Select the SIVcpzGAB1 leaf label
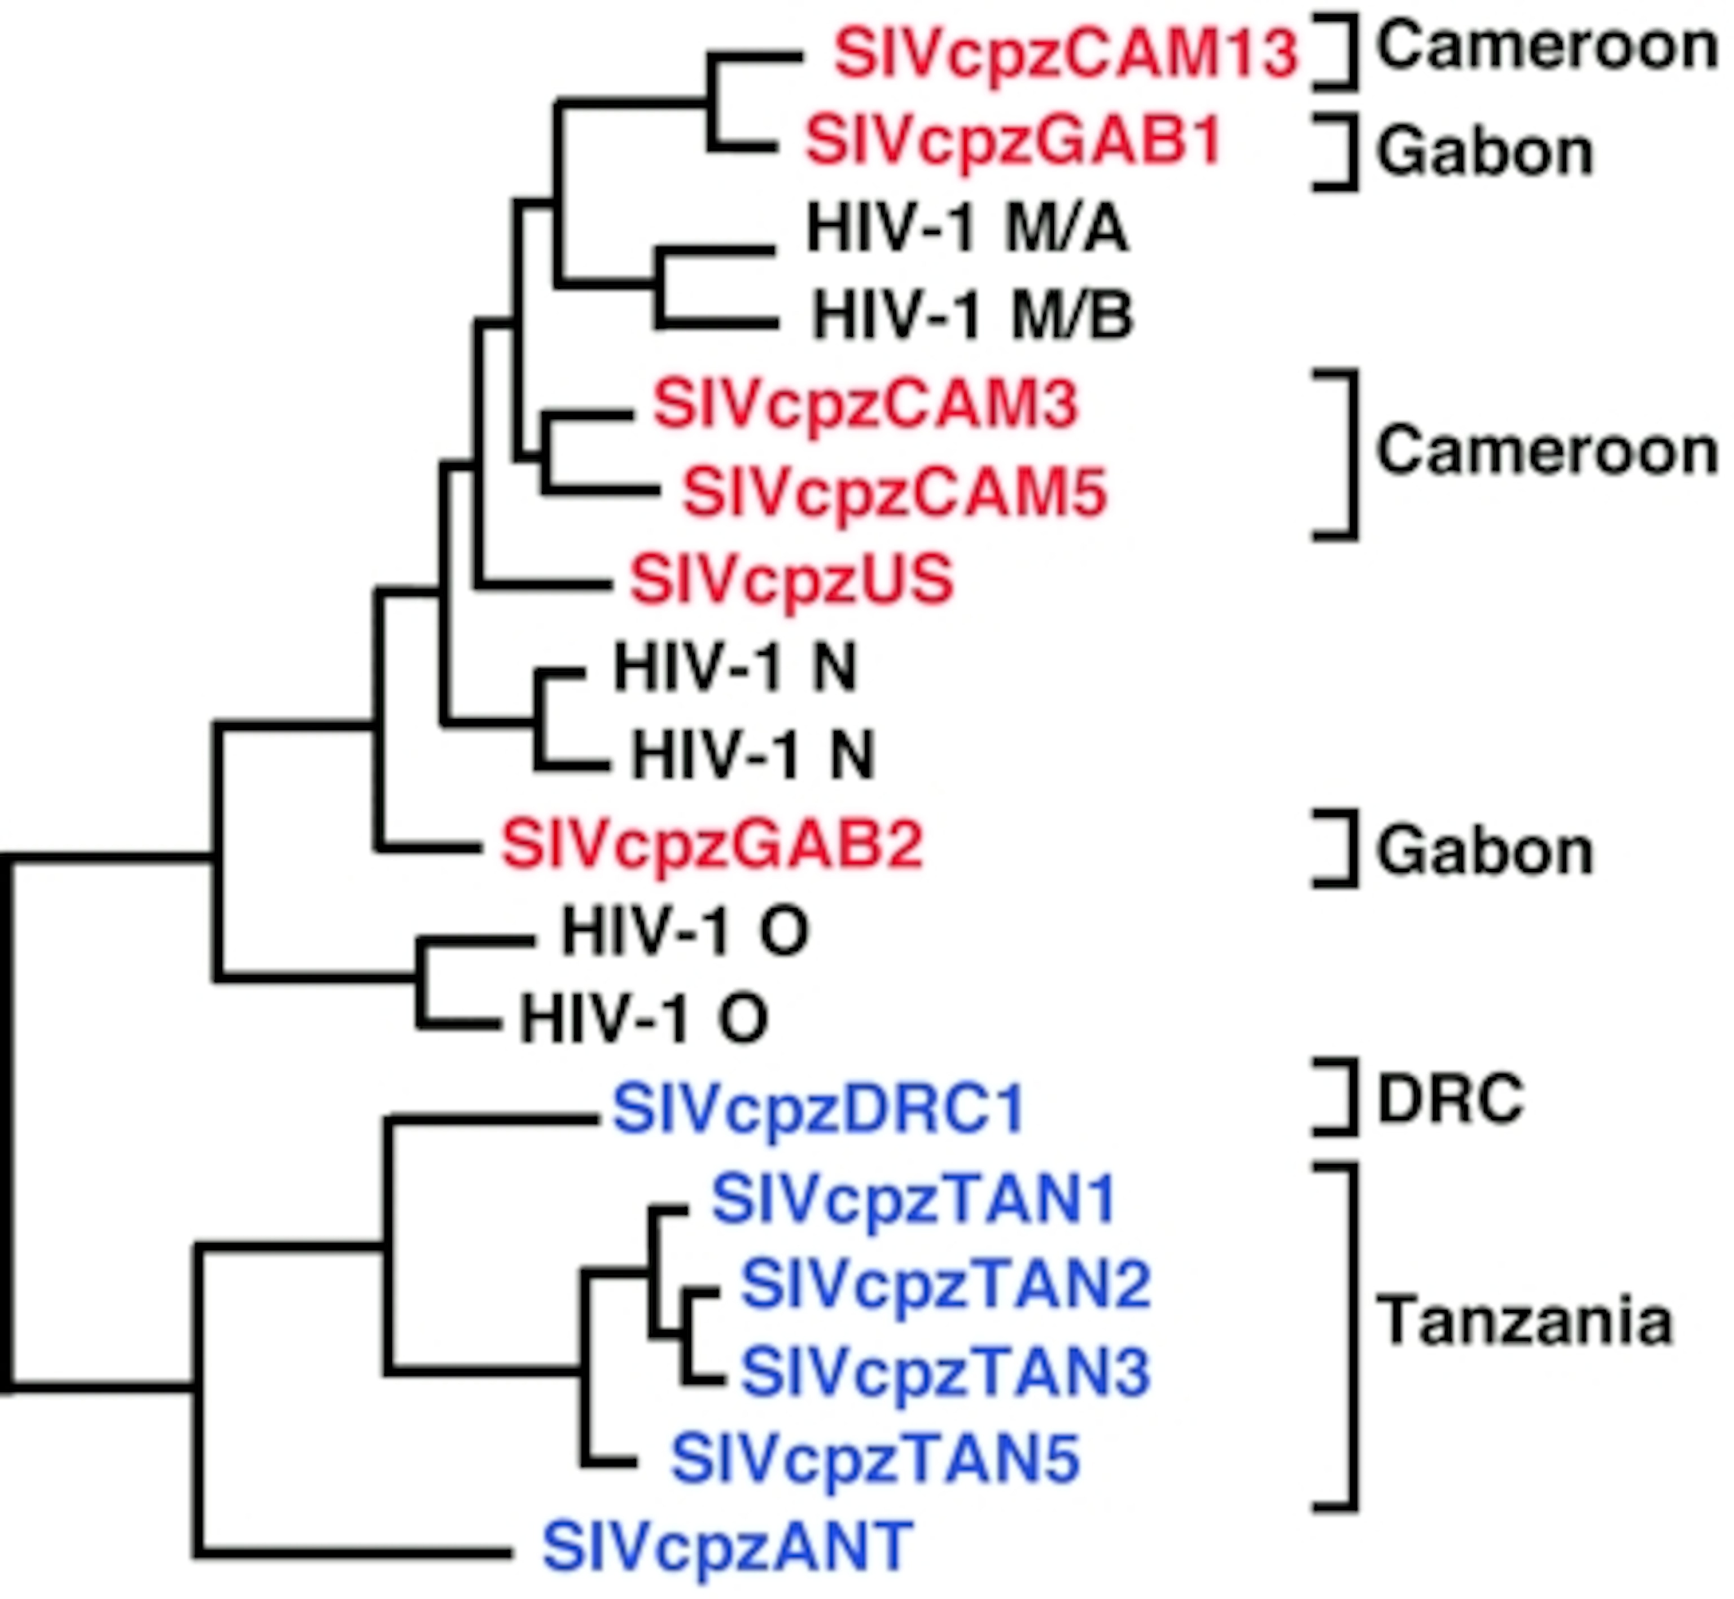tap(1013, 142)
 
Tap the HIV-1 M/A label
tap(967, 230)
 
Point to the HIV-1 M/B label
tap(972, 316)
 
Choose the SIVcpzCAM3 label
tap(866, 405)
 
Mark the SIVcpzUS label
tap(791, 580)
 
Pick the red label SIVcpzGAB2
tap(712, 845)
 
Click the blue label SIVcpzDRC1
tap(818, 1110)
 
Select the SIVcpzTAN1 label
tap(913, 1201)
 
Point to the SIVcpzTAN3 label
tap(945, 1372)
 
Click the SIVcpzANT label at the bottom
tap(727, 1548)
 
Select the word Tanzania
tap(1523, 1322)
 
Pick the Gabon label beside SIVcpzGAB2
tap(1484, 852)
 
